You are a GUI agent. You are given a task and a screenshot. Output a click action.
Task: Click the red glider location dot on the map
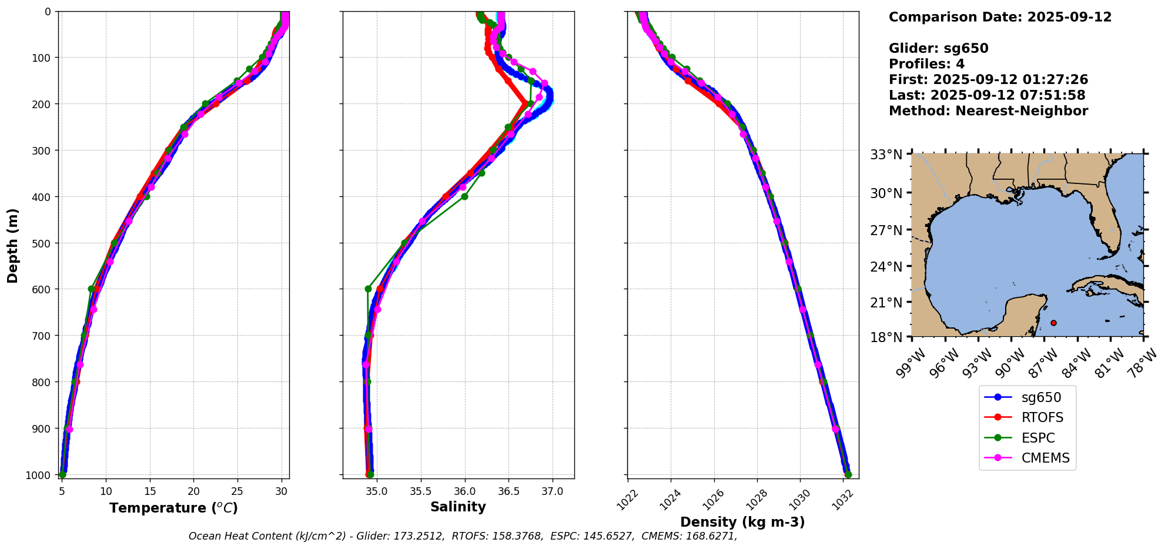coord(1053,323)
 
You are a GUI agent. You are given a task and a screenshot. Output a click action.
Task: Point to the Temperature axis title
coord(173,508)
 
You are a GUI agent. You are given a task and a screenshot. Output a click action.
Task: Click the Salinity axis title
coord(458,507)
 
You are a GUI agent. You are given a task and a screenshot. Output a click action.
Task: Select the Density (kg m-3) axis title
coord(742,522)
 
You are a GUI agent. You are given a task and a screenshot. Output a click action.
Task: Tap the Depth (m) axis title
coord(12,245)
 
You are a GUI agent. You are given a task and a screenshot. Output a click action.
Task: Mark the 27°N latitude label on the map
coord(886,230)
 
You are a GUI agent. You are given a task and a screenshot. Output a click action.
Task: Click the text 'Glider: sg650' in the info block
coord(938,49)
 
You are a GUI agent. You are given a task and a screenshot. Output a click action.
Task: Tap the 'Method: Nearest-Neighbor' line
coord(988,111)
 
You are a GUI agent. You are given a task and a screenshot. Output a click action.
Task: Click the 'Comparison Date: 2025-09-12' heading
coord(1000,17)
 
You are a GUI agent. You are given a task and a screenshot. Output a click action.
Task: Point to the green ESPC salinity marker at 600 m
coord(368,289)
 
